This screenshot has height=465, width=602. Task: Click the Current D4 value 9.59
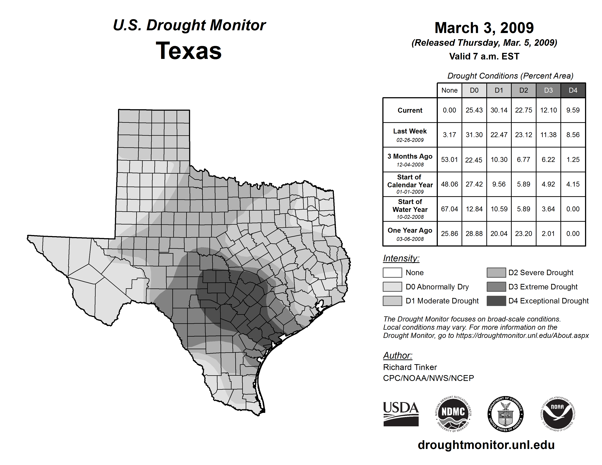[x=573, y=110]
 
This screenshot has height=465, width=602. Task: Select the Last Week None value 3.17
[x=449, y=135]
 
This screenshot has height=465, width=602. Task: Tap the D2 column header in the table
[x=523, y=90]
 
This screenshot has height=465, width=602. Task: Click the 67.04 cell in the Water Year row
[x=449, y=209]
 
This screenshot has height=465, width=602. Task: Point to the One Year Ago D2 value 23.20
[x=523, y=234]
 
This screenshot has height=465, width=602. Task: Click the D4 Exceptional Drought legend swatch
[x=496, y=301]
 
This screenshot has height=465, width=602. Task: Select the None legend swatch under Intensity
[x=392, y=272]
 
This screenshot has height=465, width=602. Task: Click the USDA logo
[x=401, y=414]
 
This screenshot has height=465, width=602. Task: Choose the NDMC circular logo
[x=453, y=414]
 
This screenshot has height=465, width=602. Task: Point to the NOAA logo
[x=557, y=414]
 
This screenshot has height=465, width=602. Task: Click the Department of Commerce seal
[x=505, y=414]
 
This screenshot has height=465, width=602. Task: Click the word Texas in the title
[x=189, y=51]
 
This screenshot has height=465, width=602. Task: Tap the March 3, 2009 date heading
[x=484, y=28]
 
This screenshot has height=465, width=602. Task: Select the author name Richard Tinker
[x=410, y=367]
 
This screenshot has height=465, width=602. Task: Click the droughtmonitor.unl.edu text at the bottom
[x=486, y=445]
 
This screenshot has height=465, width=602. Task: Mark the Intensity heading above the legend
[x=401, y=258]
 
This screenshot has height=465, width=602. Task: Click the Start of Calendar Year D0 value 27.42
[x=474, y=184]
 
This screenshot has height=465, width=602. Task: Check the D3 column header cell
[x=548, y=90]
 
